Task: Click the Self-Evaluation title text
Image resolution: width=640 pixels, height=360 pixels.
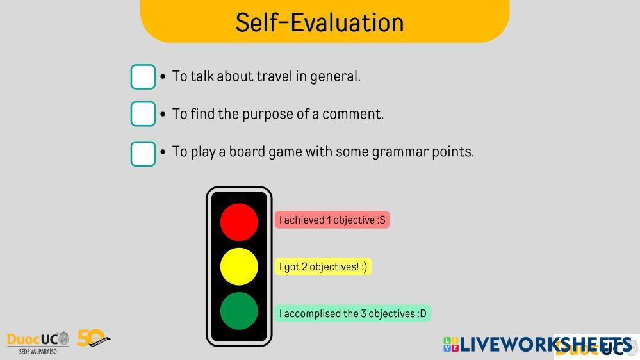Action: coord(320,22)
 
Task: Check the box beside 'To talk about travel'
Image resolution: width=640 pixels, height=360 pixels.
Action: coord(143,77)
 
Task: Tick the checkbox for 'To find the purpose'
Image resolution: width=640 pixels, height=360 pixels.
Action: coord(143,114)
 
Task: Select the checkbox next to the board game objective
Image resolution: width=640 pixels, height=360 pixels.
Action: coord(143,154)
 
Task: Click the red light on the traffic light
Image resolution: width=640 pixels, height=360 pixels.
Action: coord(239,222)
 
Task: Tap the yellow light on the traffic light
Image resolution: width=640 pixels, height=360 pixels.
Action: coord(239,266)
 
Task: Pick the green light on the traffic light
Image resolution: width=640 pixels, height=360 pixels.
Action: coord(239,311)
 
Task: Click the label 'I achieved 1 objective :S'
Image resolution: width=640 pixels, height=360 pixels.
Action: coord(332,220)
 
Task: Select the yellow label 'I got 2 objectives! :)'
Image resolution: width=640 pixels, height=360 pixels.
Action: coord(324,267)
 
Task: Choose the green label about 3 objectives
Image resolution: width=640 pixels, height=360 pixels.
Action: coord(352,313)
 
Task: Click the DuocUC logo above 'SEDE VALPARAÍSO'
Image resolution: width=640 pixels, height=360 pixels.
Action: coord(38,339)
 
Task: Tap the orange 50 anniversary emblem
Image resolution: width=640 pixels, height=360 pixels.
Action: coord(94,338)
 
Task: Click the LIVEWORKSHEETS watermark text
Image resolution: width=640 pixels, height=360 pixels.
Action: coord(546,345)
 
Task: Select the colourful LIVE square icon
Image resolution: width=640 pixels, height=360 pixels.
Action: coord(451,344)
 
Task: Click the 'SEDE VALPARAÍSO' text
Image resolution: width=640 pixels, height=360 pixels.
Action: coord(38,351)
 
